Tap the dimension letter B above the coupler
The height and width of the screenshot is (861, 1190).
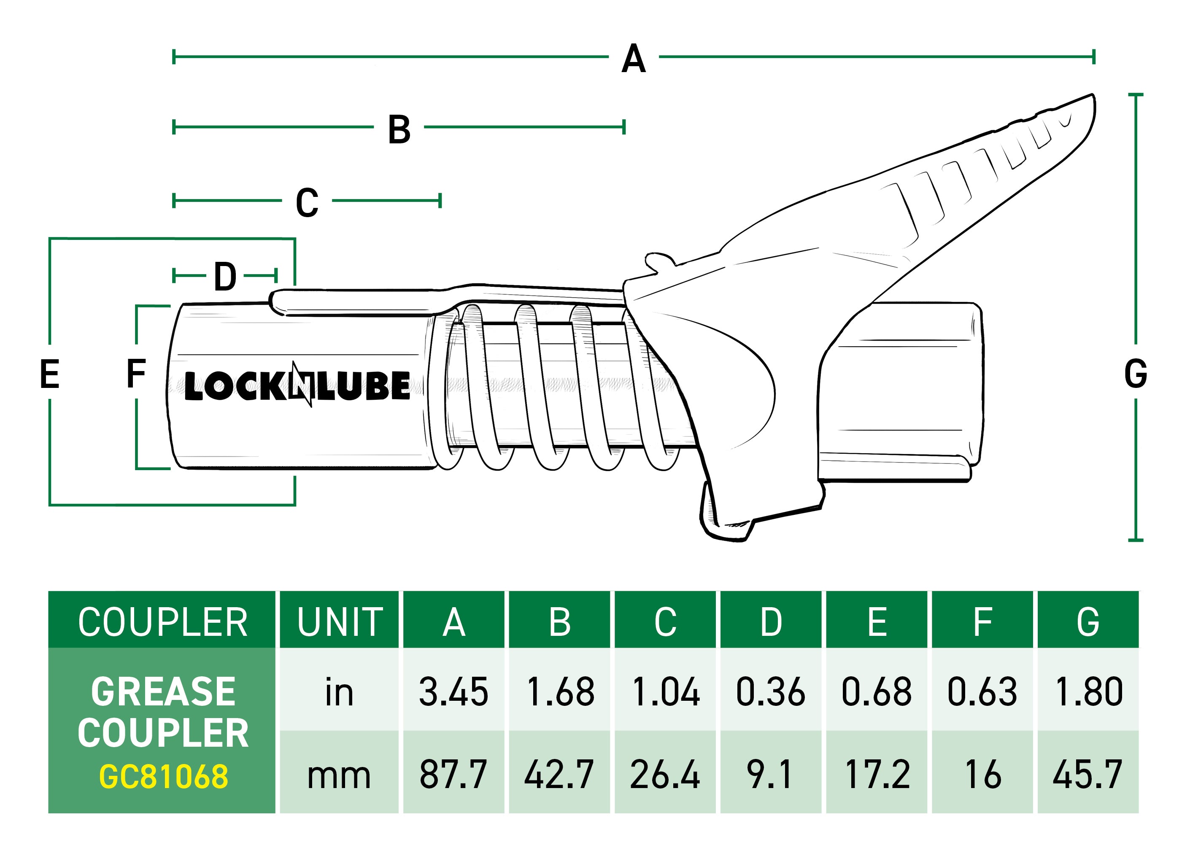pyautogui.click(x=399, y=129)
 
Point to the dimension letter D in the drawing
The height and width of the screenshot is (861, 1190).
pyautogui.click(x=225, y=277)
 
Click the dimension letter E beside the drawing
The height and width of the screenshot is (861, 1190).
pyautogui.click(x=50, y=374)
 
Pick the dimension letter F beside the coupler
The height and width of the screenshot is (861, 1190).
pyautogui.click(x=136, y=374)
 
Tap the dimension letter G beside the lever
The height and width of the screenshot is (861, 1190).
pyautogui.click(x=1136, y=374)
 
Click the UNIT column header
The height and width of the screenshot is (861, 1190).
pyautogui.click(x=340, y=622)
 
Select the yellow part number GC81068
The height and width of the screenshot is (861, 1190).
pyautogui.click(x=163, y=777)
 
